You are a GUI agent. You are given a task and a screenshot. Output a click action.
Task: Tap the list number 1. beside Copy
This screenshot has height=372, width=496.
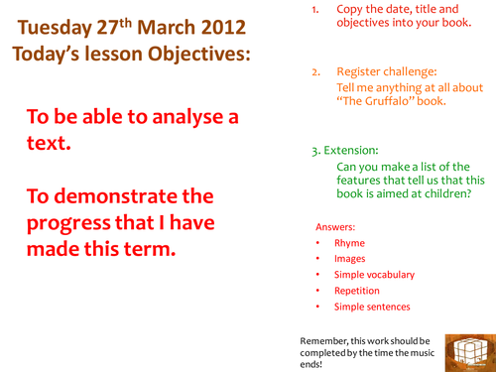[315, 8]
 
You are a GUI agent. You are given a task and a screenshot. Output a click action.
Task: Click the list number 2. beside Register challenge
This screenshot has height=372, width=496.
[316, 72]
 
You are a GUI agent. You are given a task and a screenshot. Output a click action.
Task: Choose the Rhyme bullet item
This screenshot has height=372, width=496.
[349, 243]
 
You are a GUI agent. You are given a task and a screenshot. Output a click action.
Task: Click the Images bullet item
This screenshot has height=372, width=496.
[350, 259]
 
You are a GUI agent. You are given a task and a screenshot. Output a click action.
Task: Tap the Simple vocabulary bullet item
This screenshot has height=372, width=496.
[374, 275]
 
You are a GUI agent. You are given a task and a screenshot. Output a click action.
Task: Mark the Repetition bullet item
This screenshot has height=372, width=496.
[358, 291]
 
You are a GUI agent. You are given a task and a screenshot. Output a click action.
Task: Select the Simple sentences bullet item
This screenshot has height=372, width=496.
[371, 307]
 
